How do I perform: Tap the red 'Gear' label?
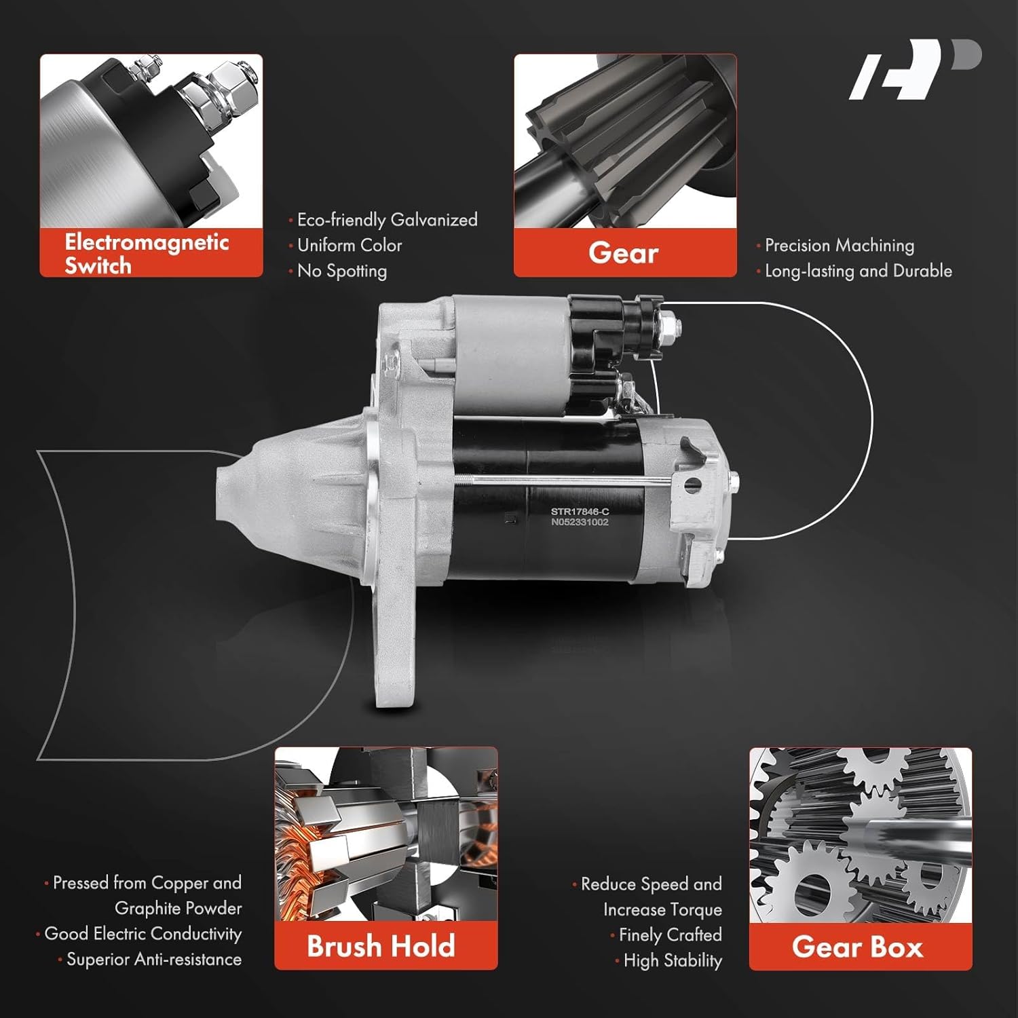coord(624,253)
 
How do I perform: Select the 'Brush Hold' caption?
coord(381,946)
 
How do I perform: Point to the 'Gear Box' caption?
coord(858,947)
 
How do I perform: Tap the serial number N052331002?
coord(580,523)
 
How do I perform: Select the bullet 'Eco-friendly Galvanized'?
coord(387,220)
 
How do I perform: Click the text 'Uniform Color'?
coord(350,245)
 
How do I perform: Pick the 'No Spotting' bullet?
coord(342,271)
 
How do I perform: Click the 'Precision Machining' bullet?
coord(839,245)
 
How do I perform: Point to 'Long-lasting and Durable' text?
coord(858,271)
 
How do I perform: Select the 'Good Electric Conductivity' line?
coord(143,934)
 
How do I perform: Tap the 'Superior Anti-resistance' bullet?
coord(153,960)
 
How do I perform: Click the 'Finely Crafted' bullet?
coord(670,935)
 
